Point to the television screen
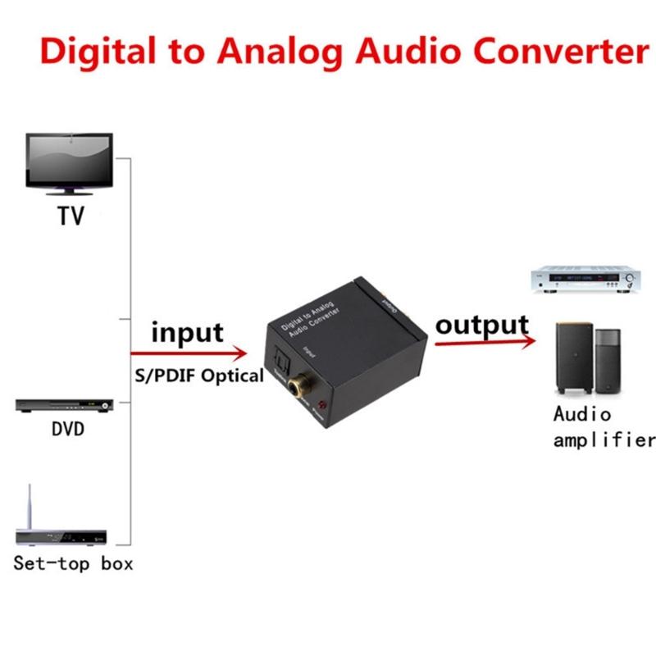pyautogui.click(x=69, y=157)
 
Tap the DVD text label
pyautogui.click(x=67, y=429)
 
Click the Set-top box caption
pyautogui.click(x=73, y=563)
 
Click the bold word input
pyautogui.click(x=187, y=333)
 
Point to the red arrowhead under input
pyautogui.click(x=239, y=354)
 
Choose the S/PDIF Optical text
pyautogui.click(x=198, y=376)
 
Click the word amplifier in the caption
pyautogui.click(x=604, y=440)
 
